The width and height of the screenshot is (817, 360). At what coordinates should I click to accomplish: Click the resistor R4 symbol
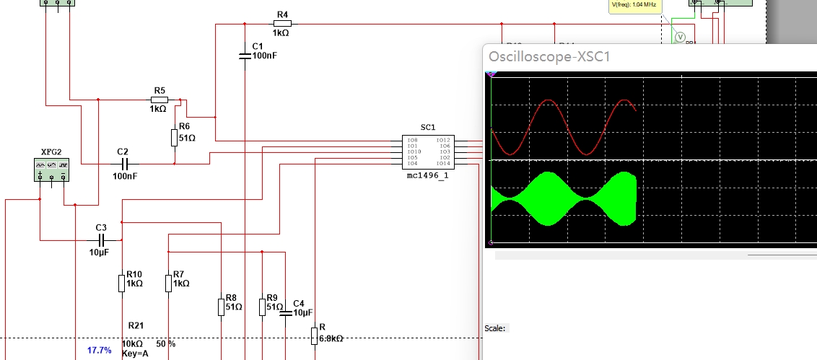click(x=282, y=25)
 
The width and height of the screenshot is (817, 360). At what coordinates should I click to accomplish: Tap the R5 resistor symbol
click(x=160, y=100)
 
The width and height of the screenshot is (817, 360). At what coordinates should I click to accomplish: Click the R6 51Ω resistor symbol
click(x=175, y=137)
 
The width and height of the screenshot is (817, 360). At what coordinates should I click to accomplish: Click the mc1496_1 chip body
click(x=428, y=152)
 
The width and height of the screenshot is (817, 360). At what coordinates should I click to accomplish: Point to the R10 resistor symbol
click(x=122, y=284)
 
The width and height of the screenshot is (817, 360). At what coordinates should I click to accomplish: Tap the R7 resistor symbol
click(x=168, y=284)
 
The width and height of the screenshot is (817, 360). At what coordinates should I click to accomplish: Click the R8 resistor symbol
click(x=221, y=307)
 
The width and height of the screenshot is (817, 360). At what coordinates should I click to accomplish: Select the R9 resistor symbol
click(x=262, y=307)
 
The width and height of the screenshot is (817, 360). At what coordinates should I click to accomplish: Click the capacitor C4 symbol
click(x=285, y=312)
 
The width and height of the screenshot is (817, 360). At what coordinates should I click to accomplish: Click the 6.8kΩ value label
click(x=331, y=338)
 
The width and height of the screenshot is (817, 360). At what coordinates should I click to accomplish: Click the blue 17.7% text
click(x=100, y=351)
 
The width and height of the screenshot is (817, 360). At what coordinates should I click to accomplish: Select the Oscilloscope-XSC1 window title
click(x=549, y=56)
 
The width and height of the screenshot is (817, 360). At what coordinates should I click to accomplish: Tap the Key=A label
click(x=135, y=354)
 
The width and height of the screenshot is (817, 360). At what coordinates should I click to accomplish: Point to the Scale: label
click(x=494, y=328)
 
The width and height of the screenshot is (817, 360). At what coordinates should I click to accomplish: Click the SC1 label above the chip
click(x=427, y=127)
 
